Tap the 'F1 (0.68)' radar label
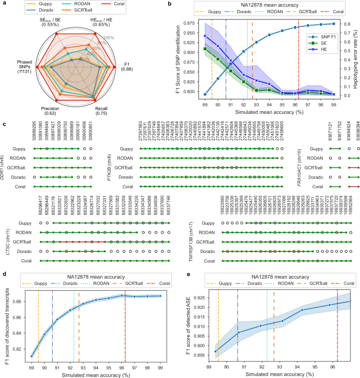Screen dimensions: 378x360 [128, 67]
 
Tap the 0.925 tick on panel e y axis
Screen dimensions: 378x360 [200, 283]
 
